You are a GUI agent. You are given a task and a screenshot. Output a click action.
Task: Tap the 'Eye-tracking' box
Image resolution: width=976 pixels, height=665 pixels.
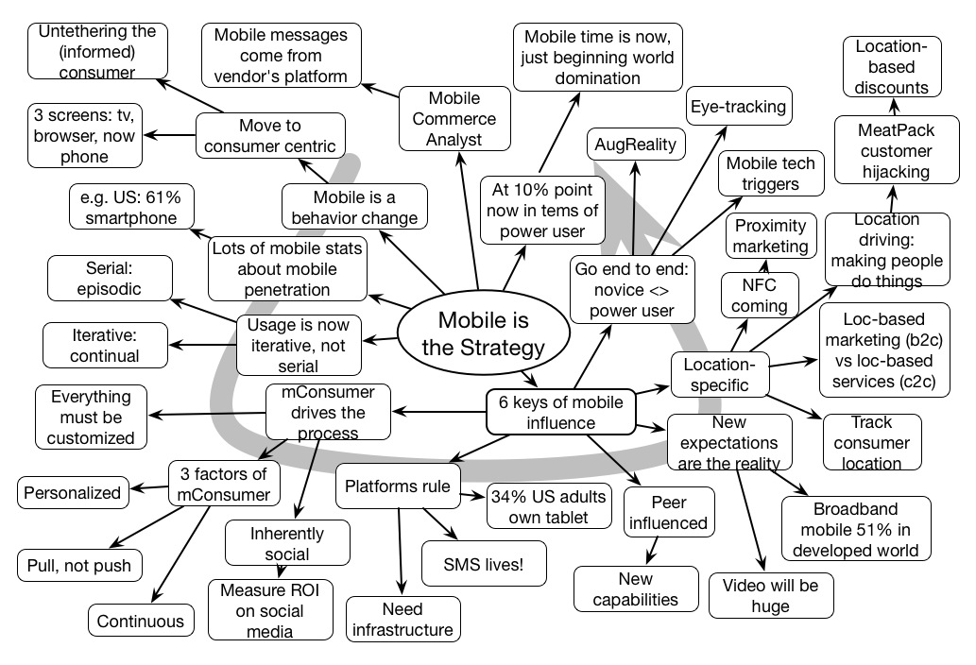[738, 107]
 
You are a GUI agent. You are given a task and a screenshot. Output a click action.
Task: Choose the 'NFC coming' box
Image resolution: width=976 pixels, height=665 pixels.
[759, 295]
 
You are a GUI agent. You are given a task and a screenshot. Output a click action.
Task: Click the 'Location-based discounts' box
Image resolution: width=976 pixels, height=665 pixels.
[892, 66]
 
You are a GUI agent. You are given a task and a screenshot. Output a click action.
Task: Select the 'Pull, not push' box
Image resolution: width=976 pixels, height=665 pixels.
[78, 565]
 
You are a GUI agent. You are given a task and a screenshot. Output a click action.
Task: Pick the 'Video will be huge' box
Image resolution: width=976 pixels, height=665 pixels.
[771, 595]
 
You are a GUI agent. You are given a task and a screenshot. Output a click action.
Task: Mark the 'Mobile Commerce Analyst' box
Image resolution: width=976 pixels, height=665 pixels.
[454, 119]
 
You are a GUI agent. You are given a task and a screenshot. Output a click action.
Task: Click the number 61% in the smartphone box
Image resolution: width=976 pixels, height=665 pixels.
[159, 198]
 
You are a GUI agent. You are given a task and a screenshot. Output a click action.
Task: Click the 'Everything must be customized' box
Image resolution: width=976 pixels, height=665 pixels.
[86, 417]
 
